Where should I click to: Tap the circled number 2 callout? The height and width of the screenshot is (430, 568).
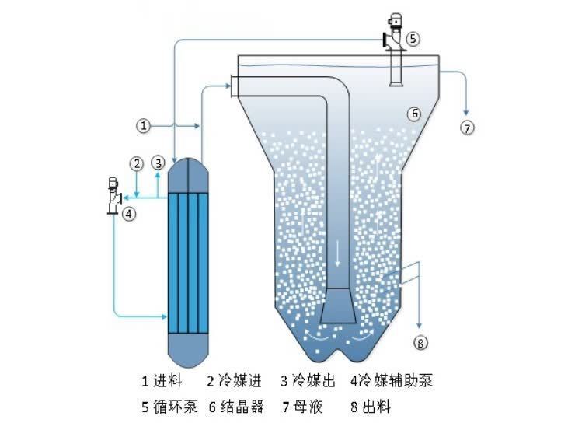coord(136,163)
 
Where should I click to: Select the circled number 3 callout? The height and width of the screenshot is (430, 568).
coord(158,163)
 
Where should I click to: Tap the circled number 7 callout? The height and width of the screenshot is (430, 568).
coord(467,128)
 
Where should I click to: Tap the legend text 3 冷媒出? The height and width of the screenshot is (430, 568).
coord(306,381)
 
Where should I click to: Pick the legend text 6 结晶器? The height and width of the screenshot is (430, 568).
coord(236,406)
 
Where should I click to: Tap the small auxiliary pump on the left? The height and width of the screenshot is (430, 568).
coord(113,195)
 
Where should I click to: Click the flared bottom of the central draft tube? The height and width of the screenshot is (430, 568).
coord(338,304)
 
